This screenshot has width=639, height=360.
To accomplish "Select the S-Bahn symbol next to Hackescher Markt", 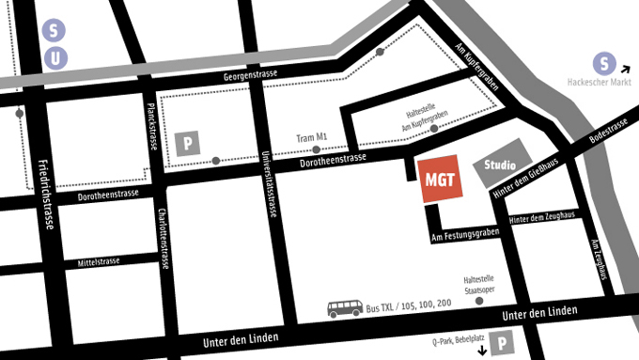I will (606, 65).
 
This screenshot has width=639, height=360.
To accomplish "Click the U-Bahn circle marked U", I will (55, 58).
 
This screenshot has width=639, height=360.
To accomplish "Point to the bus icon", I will (345, 307).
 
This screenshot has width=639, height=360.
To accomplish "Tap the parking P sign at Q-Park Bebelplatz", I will (505, 345).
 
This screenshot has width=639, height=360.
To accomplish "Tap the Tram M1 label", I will (312, 137).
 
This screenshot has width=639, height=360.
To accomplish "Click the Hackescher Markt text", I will (602, 83).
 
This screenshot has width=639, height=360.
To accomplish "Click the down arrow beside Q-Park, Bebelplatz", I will (485, 351).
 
